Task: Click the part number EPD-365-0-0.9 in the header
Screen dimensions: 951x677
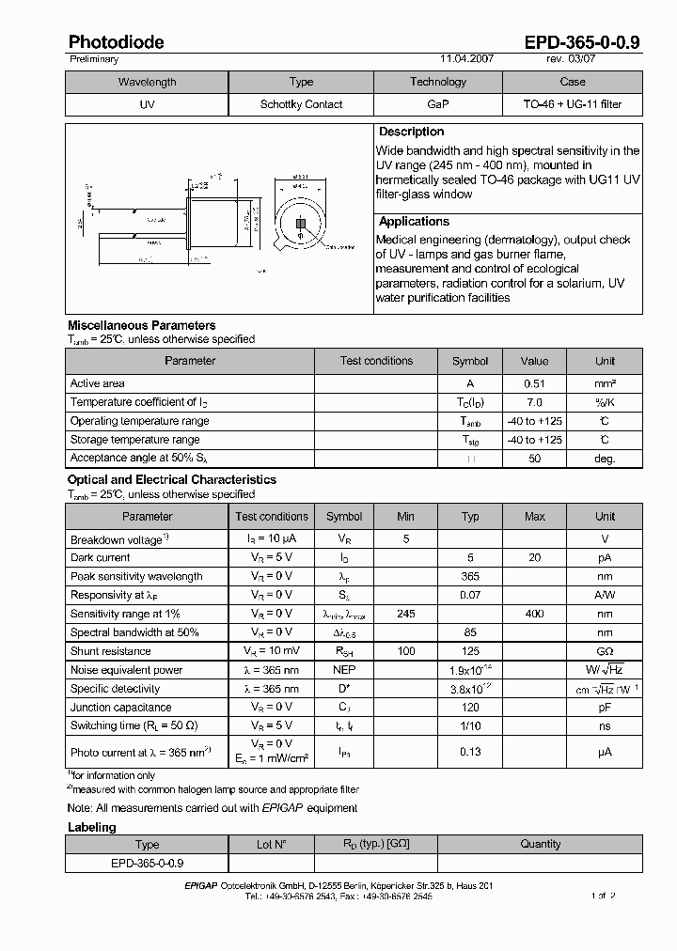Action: (582, 42)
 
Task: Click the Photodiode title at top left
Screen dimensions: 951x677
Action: (116, 42)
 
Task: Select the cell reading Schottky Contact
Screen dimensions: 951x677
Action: (301, 104)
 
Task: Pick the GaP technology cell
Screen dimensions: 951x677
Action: (438, 104)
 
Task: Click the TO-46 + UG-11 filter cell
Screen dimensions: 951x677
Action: (572, 104)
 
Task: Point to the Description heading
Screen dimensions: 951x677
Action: (411, 133)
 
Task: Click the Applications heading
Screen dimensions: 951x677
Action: (414, 222)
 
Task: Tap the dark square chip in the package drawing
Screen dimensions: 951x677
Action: (301, 224)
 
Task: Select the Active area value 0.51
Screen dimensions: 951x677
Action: (534, 383)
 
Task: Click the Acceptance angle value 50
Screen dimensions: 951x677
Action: (534, 459)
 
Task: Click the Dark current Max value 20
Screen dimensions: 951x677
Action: (534, 558)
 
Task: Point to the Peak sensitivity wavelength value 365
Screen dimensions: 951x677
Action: (470, 577)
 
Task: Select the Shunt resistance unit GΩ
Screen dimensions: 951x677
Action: (605, 651)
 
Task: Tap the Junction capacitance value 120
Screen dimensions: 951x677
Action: (470, 708)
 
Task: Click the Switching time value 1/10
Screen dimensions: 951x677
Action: (470, 726)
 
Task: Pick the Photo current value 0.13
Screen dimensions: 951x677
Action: (470, 752)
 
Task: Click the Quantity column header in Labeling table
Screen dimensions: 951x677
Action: (541, 844)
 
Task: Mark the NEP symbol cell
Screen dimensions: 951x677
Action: (344, 670)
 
